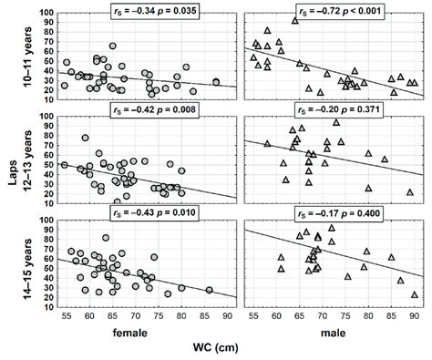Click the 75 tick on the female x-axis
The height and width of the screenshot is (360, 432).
tap(159, 314)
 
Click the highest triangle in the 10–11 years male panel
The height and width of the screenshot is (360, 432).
tap(295, 19)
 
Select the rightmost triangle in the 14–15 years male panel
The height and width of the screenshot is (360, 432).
tap(415, 294)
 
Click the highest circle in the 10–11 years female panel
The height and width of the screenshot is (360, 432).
tap(112, 46)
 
